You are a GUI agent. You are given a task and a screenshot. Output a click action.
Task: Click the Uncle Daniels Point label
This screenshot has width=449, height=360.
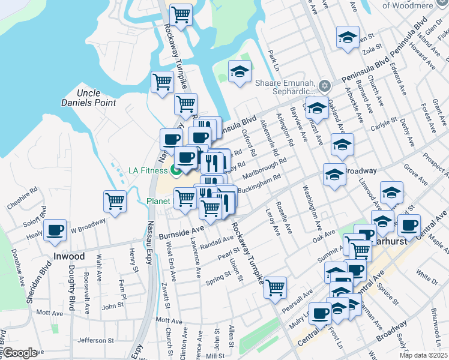click(x=96, y=98)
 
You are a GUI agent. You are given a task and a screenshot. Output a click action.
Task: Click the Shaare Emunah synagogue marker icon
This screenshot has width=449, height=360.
click(x=325, y=85)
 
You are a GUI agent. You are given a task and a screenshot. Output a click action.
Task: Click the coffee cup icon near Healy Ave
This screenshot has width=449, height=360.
click(x=55, y=229)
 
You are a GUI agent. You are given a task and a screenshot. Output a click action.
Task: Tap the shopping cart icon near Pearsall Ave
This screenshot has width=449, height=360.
click(x=275, y=287)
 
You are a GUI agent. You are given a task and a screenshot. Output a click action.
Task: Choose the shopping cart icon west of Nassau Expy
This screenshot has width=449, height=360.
click(x=115, y=201)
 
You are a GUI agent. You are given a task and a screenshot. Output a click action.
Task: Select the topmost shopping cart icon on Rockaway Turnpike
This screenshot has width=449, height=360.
click(x=181, y=14)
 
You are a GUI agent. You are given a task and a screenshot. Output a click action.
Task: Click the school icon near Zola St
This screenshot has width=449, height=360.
click(x=347, y=37)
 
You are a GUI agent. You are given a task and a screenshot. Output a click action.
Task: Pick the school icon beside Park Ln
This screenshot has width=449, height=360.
click(x=240, y=72)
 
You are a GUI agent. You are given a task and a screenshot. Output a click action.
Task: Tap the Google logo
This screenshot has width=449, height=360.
click(x=19, y=353)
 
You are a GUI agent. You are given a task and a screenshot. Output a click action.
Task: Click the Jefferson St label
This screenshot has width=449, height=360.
click(x=91, y=340)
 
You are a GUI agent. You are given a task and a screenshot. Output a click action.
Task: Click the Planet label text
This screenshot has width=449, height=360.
click(x=158, y=201)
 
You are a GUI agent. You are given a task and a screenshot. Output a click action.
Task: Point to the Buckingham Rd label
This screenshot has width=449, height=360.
click(x=259, y=184)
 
